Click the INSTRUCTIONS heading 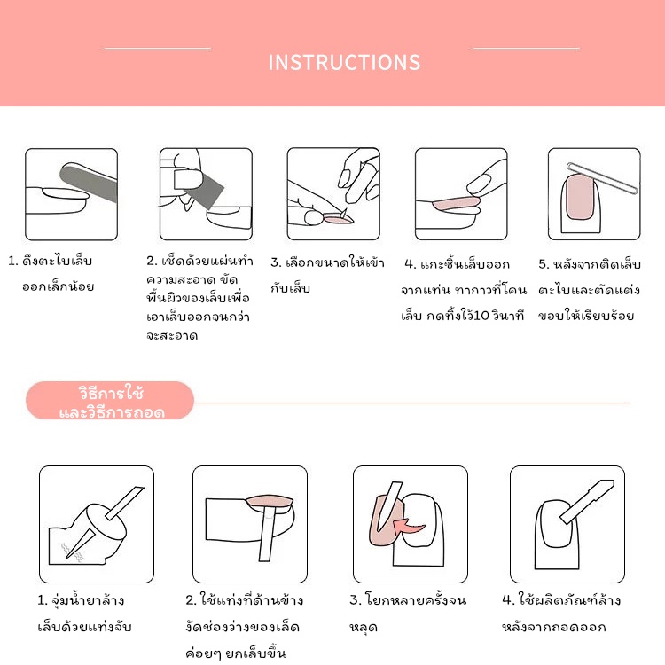tap(344, 62)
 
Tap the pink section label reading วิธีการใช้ tap(112, 393)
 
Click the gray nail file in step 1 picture tap(88, 183)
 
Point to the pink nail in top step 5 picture tap(579, 197)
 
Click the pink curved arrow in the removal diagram tap(408, 528)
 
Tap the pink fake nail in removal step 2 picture tap(270, 501)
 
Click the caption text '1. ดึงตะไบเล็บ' tap(50, 261)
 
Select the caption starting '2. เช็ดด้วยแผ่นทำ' tap(199, 261)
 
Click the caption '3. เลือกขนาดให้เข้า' tap(327, 262)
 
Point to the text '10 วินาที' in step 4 tap(499, 316)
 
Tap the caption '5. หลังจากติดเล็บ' tap(590, 264)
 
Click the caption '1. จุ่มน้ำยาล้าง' tap(81, 600)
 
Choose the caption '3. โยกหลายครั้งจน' tap(408, 600)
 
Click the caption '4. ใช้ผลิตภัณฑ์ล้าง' tap(561, 600)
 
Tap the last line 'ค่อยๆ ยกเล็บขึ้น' tap(236, 653)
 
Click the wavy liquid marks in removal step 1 tap(72, 552)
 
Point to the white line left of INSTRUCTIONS tap(157, 49)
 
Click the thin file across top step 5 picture tap(602, 178)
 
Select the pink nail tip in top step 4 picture tap(457, 203)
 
